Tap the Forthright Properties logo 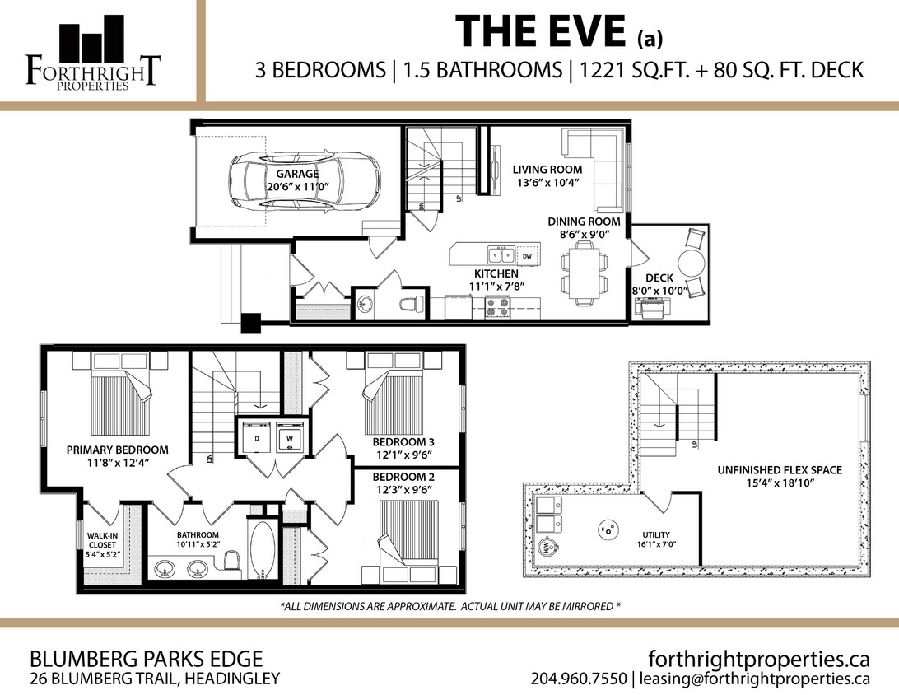(x=92, y=54)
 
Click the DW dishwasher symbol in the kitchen (x=528, y=257)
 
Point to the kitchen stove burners (x=497, y=307)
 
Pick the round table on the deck (x=690, y=264)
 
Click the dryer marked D (x=257, y=438)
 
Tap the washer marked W (x=289, y=438)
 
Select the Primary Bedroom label (x=117, y=450)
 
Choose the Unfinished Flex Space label (x=778, y=470)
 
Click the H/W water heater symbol (x=544, y=547)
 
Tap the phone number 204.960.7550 (x=579, y=679)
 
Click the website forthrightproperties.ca (x=759, y=659)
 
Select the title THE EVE (x=543, y=31)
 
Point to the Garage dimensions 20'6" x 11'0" (x=297, y=187)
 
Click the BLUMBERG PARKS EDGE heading (x=146, y=659)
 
